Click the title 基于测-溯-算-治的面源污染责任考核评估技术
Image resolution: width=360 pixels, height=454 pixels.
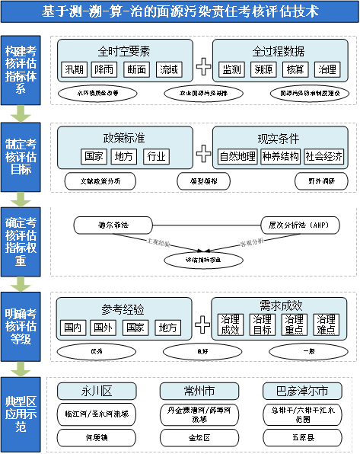coord(180,11)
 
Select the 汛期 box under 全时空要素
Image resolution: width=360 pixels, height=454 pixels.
coord(75,69)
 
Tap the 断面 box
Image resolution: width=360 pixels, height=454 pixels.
coord(138,69)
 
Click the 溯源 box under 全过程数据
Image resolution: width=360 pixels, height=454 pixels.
coord(264,69)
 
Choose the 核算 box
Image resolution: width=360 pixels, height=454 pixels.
coord(295,69)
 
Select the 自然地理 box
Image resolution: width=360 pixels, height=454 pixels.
coord(237,156)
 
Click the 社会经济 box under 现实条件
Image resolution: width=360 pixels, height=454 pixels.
coord(324,156)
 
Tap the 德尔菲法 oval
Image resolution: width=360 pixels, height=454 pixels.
coord(113,225)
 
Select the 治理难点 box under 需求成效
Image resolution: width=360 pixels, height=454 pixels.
coord(326,325)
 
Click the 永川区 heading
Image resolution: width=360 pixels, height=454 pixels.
coord(97,391)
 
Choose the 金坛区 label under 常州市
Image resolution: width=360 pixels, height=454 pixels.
coord(199,439)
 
